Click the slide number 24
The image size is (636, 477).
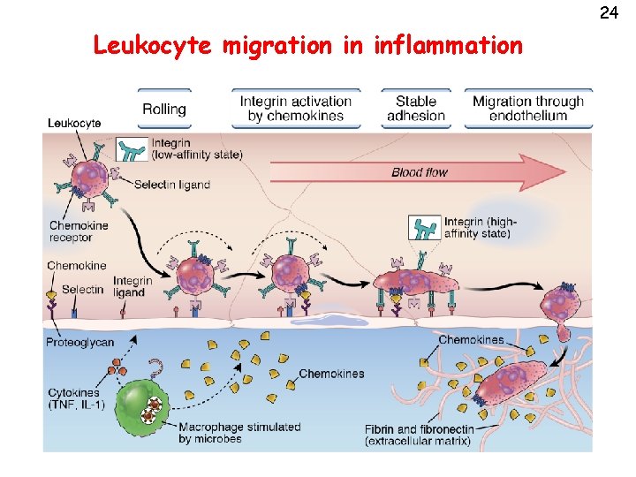(608, 12)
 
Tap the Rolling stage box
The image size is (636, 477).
(164, 109)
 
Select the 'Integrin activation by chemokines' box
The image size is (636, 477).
(296, 108)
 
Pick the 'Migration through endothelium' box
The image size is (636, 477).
(527, 108)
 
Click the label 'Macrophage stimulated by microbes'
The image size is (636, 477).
(238, 432)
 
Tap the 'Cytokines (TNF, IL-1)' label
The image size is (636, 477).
(76, 398)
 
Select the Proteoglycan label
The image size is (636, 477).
(80, 342)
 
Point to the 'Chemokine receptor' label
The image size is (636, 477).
(79, 231)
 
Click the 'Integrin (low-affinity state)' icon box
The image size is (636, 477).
(133, 149)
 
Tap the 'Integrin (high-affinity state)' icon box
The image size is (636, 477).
(423, 228)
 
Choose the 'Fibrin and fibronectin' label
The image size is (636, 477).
(419, 434)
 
